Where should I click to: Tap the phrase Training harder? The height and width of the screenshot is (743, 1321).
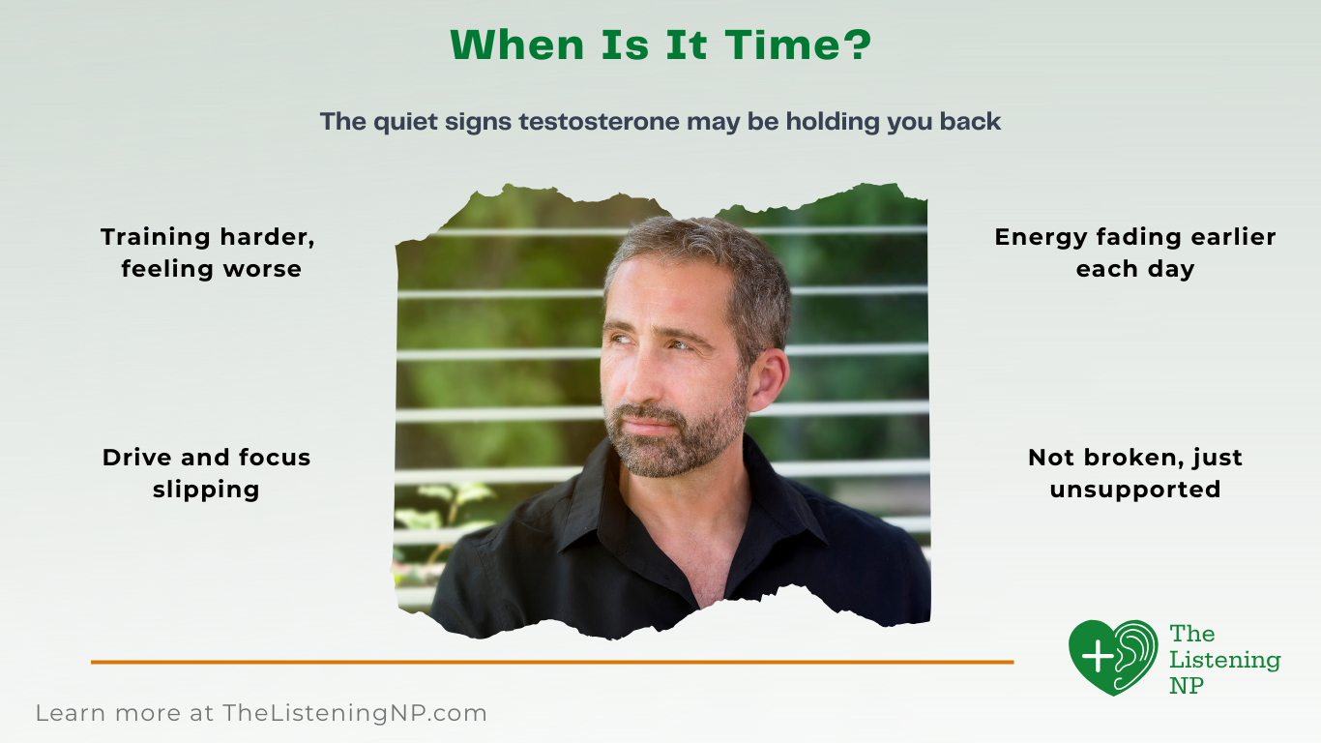pyautogui.click(x=208, y=237)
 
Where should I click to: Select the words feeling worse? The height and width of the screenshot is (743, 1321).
pyautogui.click(x=211, y=269)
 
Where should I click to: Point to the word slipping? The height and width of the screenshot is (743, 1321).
pyautogui.click(x=206, y=490)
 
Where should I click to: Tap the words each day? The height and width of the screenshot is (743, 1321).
pyautogui.click(x=1134, y=269)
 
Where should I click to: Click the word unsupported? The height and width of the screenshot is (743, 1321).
pyautogui.click(x=1134, y=490)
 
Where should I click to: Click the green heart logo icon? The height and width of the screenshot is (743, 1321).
pyautogui.click(x=1112, y=657)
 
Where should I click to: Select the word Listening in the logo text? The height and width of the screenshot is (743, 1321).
pyautogui.click(x=1224, y=660)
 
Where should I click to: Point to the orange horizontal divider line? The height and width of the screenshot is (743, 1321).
pyautogui.click(x=551, y=662)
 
